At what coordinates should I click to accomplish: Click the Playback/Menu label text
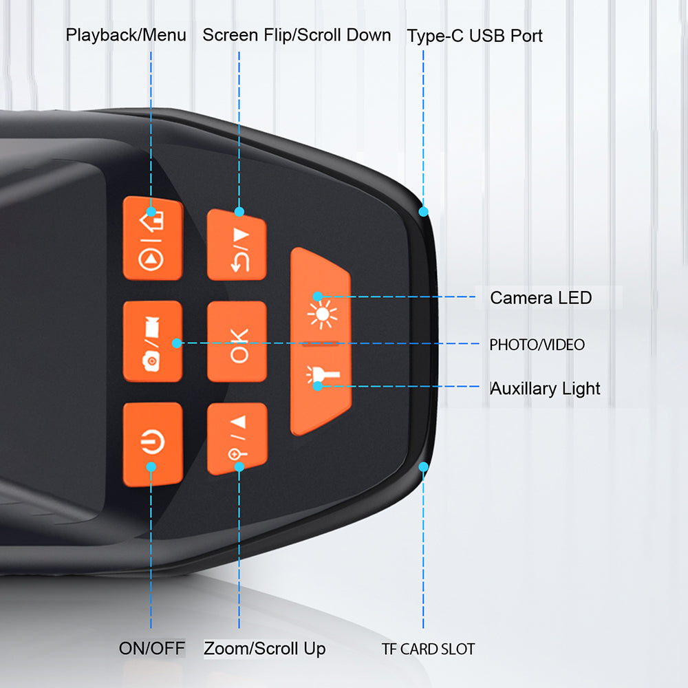click(126, 35)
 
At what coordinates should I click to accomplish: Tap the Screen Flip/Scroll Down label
click(297, 35)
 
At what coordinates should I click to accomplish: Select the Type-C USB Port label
click(475, 36)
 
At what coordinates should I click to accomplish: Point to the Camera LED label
click(541, 298)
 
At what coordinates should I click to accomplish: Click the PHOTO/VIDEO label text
click(537, 345)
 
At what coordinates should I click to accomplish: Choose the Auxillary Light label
click(545, 389)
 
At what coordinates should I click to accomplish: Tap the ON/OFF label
click(152, 648)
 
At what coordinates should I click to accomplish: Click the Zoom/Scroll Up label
click(265, 648)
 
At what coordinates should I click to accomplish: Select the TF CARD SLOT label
click(428, 649)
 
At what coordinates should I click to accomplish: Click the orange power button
click(152, 443)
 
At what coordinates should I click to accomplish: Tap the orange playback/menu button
click(152, 238)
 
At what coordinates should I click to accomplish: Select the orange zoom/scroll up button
click(237, 439)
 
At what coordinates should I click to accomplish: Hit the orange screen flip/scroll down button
click(237, 245)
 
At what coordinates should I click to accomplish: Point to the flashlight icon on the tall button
click(319, 378)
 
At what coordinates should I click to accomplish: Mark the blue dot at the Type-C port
click(423, 211)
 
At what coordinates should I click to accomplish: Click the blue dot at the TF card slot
click(423, 467)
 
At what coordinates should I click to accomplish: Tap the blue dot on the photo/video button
click(177, 343)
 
